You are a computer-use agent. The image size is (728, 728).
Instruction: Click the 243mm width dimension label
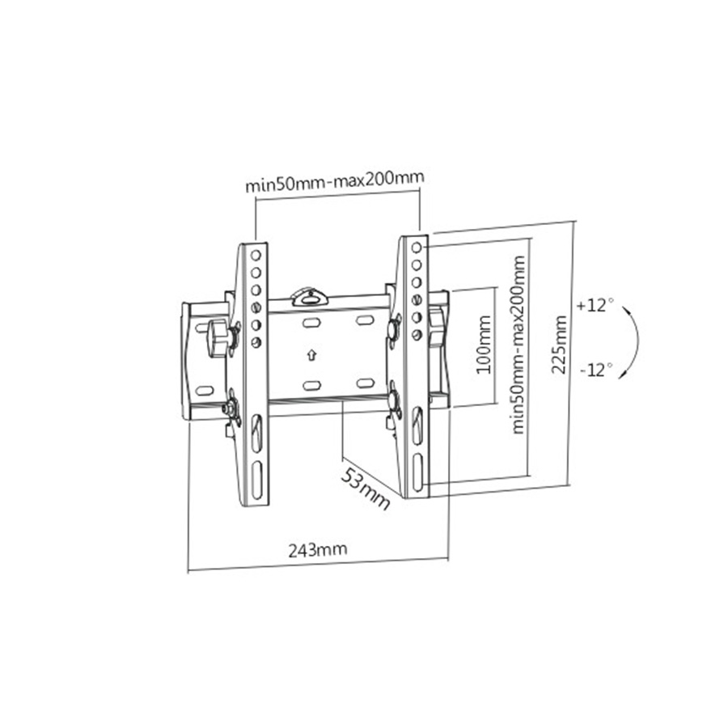coord(318,550)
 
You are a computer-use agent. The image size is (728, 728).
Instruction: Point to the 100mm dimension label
coord(484,344)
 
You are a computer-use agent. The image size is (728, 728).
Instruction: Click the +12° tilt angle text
coord(595,306)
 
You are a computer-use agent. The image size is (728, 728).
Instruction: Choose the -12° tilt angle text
coord(596,370)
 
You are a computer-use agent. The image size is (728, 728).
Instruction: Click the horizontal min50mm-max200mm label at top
coord(334,181)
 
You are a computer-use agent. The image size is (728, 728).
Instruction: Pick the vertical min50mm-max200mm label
coord(518,344)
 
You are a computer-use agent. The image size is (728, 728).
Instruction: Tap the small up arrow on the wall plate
coord(311,355)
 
